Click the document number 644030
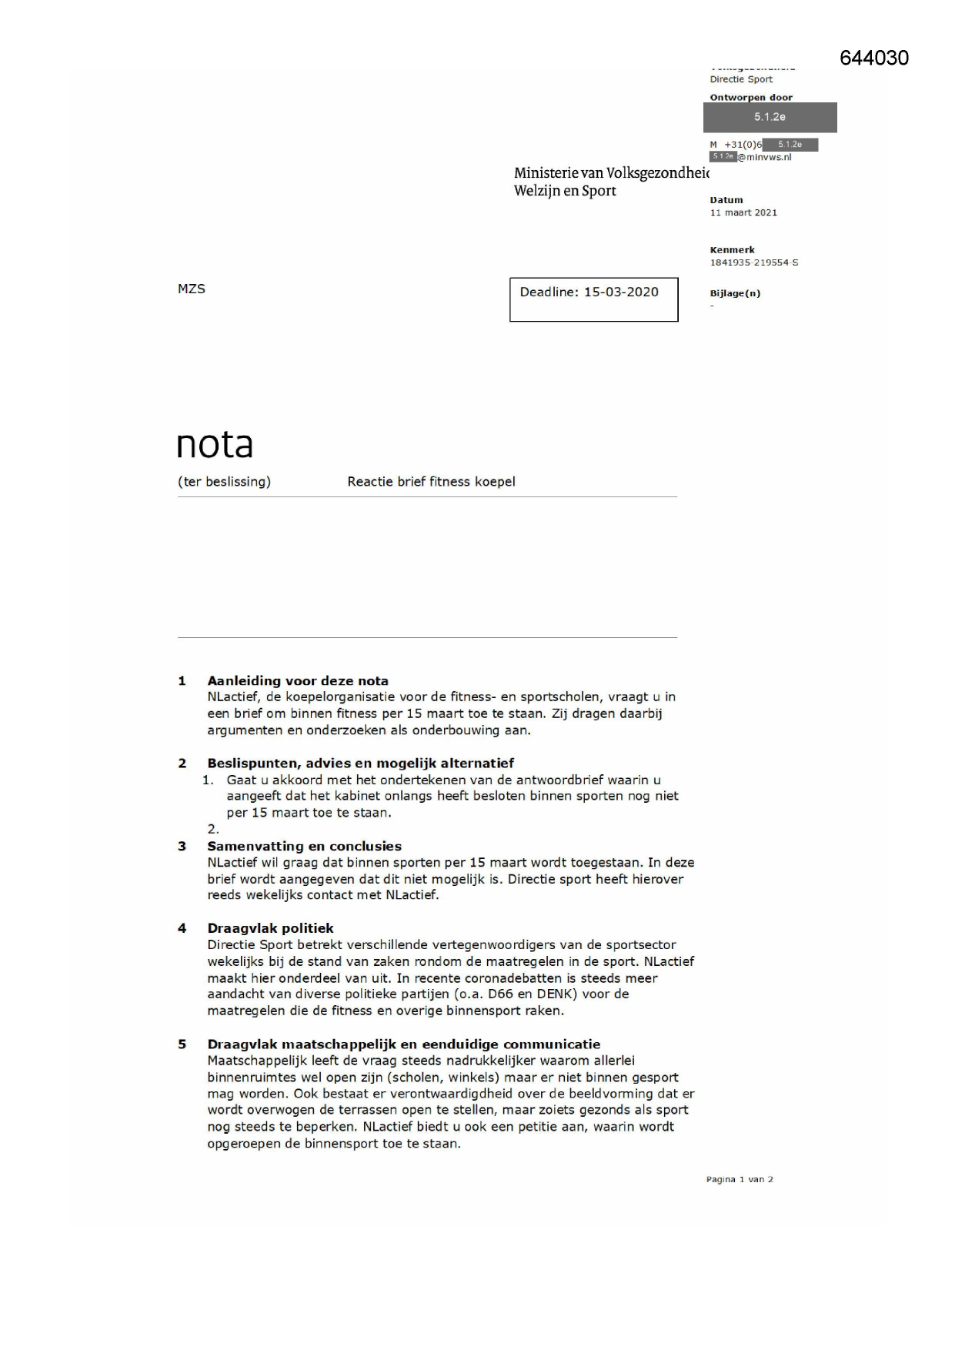[873, 58]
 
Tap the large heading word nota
[215, 444]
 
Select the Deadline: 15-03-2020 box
[593, 299]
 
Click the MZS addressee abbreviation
[192, 289]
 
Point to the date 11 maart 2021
[743, 213]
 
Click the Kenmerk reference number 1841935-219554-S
[753, 263]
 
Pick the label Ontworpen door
[750, 98]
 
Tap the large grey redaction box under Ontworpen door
[770, 118]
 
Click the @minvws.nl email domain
[764, 158]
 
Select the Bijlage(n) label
[735, 293]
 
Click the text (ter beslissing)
[224, 482]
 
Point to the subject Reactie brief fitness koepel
[431, 482]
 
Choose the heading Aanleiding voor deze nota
[298, 681]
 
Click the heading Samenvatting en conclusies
[304, 847]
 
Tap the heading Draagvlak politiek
[270, 929]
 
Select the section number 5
[182, 1044]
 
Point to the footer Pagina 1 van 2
[739, 1179]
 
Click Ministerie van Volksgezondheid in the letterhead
[611, 173]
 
